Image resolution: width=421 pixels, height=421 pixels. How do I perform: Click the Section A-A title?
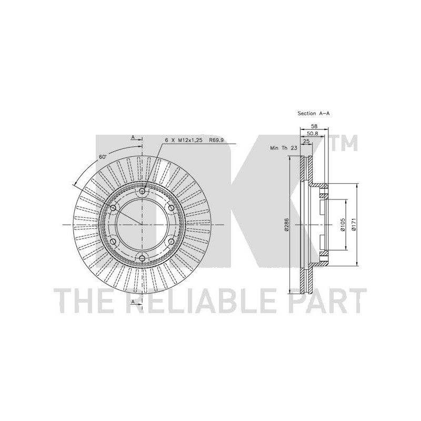(x=313, y=113)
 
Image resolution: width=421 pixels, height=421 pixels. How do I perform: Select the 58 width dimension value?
(x=314, y=126)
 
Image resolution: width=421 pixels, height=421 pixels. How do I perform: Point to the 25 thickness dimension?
(x=306, y=141)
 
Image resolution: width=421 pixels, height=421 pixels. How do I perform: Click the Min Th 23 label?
(x=284, y=148)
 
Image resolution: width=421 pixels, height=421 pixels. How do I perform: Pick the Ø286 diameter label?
(x=286, y=225)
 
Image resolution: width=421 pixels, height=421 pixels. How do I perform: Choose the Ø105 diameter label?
(x=342, y=225)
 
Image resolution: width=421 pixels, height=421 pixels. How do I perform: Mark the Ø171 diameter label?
(x=353, y=225)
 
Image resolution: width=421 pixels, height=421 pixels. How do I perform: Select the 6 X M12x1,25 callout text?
(x=184, y=140)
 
